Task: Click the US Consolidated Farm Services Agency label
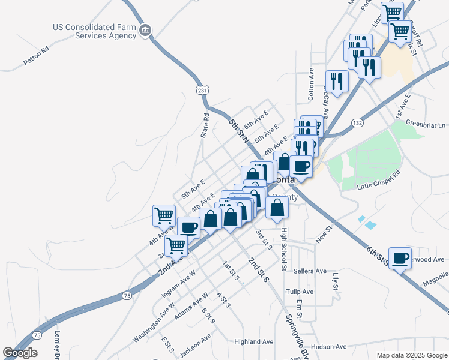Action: pyautogui.click(x=94, y=31)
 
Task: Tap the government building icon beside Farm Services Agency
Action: pyautogui.click(x=145, y=30)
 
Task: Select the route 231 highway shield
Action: pyautogui.click(x=203, y=89)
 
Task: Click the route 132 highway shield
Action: pyautogui.click(x=358, y=122)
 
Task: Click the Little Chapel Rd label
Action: pyautogui.click(x=378, y=181)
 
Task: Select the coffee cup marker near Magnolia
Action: pyautogui.click(x=400, y=257)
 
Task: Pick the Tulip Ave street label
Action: pyautogui.click(x=300, y=292)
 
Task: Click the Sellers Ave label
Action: pyautogui.click(x=310, y=271)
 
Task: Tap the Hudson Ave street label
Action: pyautogui.click(x=329, y=347)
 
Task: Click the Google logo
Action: pyautogui.click(x=20, y=352)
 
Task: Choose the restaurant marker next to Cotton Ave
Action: pyautogui.click(x=336, y=82)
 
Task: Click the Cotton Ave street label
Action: pyautogui.click(x=311, y=83)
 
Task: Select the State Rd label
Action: pyautogui.click(x=205, y=125)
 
